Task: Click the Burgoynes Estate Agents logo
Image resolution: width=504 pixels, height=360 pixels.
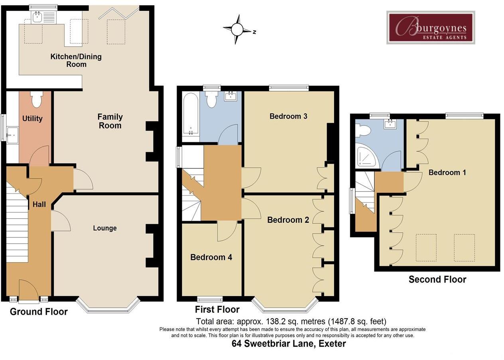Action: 431,28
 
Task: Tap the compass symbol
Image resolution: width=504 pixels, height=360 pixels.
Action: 238,30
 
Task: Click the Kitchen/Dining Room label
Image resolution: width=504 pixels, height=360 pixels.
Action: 76,60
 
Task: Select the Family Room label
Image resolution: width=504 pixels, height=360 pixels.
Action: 110,121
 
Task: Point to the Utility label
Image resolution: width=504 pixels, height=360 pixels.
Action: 32,119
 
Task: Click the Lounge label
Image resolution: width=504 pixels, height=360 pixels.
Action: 105,228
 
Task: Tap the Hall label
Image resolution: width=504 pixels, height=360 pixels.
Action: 39,204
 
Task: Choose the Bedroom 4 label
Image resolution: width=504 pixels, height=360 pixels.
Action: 211,257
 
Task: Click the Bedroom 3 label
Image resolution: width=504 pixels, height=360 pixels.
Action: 288,116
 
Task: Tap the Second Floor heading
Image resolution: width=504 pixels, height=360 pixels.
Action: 437,279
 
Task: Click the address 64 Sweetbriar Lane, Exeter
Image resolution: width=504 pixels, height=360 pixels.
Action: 289,344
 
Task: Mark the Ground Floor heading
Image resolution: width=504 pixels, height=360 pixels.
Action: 39,311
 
